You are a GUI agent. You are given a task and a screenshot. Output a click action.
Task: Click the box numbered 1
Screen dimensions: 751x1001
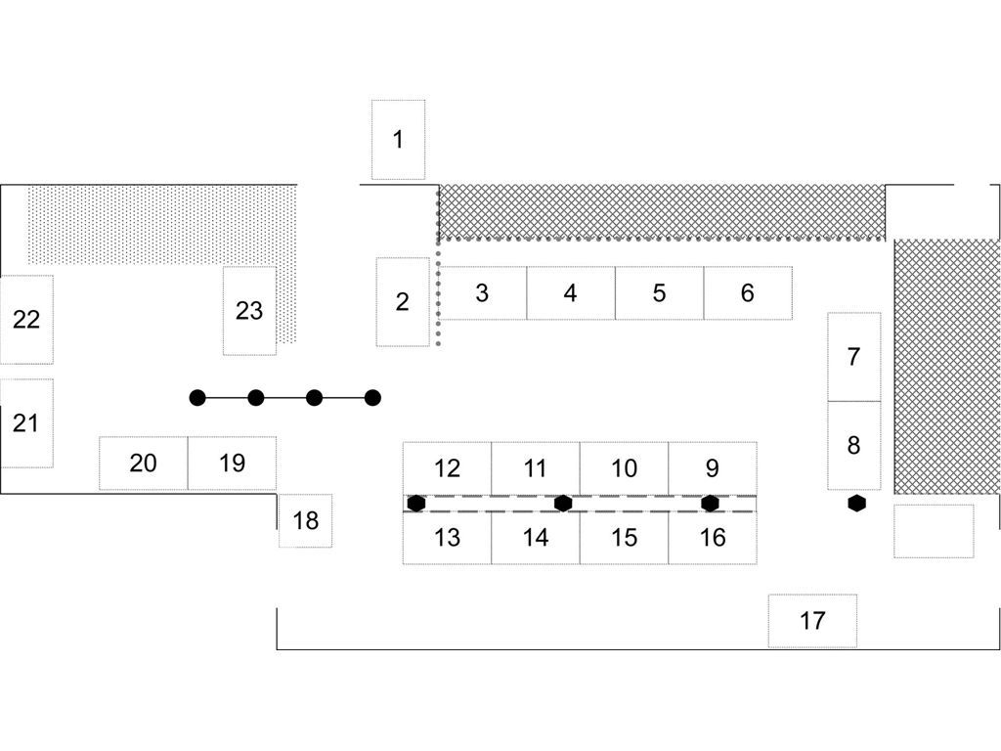pos(398,140)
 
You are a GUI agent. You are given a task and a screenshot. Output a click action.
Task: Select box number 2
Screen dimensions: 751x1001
pos(402,302)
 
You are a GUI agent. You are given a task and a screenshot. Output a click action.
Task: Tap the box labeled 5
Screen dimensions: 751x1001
pos(659,292)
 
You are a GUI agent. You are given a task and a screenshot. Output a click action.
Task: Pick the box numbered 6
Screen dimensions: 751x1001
pos(748,292)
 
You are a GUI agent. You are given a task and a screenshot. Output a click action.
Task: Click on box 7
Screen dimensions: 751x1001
pos(853,357)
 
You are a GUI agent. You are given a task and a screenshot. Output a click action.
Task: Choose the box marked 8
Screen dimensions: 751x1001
pos(853,446)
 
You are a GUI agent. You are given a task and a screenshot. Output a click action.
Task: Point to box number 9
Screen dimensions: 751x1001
pos(712,468)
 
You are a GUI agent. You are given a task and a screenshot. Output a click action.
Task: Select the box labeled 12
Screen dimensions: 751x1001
pos(447,468)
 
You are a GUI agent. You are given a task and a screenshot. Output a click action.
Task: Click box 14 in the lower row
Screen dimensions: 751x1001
pos(536,538)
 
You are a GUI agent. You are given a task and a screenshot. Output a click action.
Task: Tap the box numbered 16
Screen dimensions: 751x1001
pos(713,538)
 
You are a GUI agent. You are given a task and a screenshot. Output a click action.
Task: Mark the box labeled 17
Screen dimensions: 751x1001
pos(812,621)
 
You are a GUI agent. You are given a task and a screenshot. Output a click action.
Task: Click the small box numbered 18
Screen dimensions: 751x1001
pos(306,520)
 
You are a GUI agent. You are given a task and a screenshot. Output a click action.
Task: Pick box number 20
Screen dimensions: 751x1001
pos(143,463)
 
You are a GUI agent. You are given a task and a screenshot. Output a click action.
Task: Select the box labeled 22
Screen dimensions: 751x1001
pos(26,320)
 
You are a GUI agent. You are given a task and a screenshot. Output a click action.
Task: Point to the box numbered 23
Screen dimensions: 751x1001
pos(249,311)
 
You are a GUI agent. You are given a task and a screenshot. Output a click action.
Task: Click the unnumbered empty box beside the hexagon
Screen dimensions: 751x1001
pos(934,531)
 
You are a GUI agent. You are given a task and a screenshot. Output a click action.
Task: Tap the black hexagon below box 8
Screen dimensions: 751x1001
pos(857,504)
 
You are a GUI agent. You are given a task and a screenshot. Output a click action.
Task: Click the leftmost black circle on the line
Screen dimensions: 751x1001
pos(197,398)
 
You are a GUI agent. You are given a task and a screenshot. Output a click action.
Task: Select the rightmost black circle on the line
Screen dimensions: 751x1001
pos(372,398)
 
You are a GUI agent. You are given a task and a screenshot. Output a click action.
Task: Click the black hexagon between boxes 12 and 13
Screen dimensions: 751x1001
pos(416,504)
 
